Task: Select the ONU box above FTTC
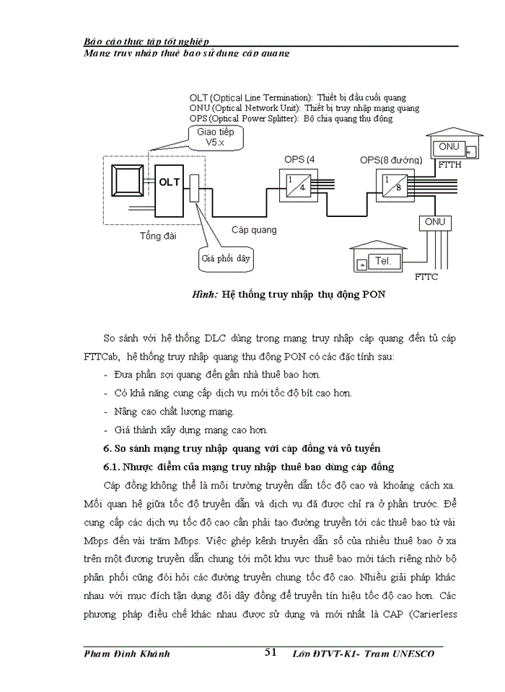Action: [435, 222]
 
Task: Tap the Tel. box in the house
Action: [383, 261]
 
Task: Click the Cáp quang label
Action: [253, 230]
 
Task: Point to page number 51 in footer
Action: [271, 652]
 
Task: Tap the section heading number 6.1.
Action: [114, 467]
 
